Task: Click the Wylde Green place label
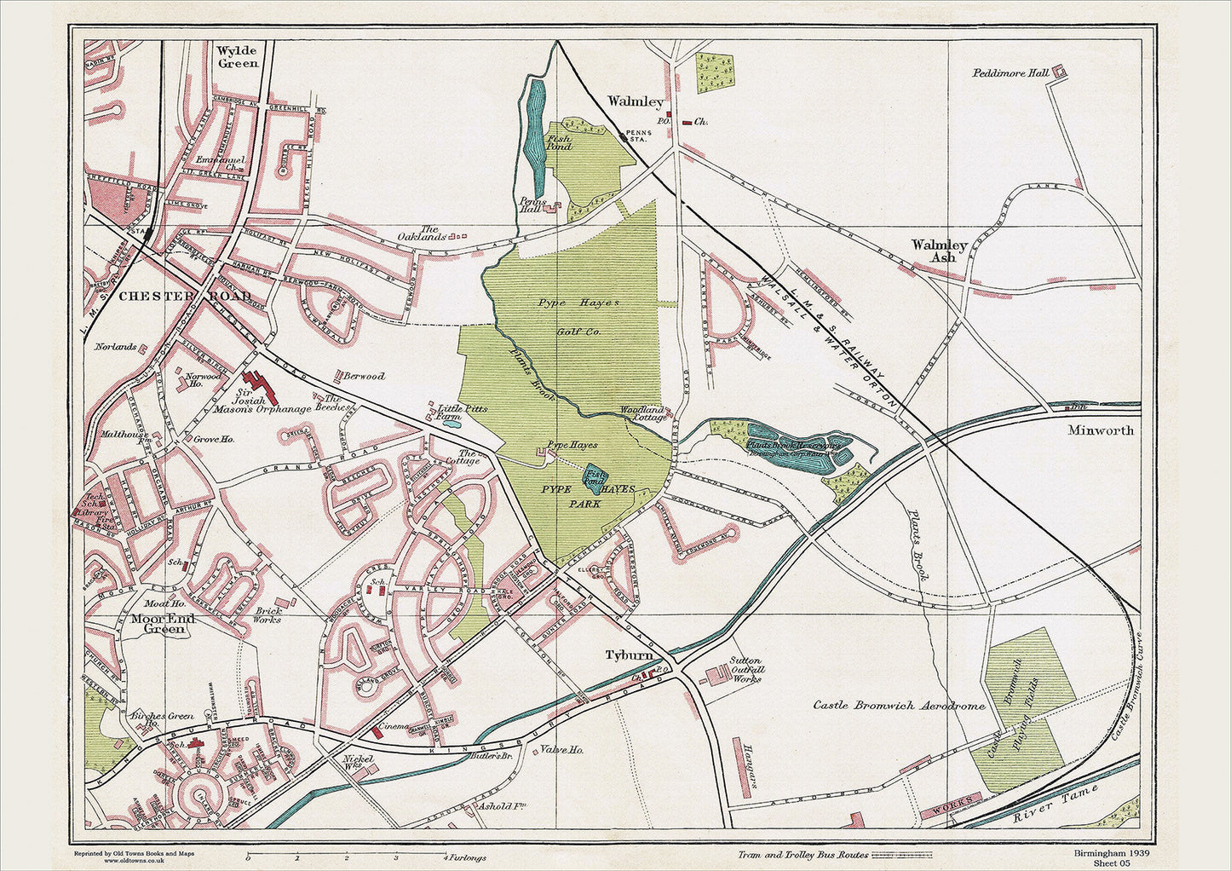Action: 237,56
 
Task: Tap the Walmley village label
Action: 635,101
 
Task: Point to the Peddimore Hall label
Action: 1010,73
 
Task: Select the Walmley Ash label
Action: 939,251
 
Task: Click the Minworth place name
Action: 1101,430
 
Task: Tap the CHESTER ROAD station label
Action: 185,296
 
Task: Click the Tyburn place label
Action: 629,655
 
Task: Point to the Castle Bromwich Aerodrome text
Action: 899,706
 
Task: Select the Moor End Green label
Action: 164,624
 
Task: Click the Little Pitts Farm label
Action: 462,412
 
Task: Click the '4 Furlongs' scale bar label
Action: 464,857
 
